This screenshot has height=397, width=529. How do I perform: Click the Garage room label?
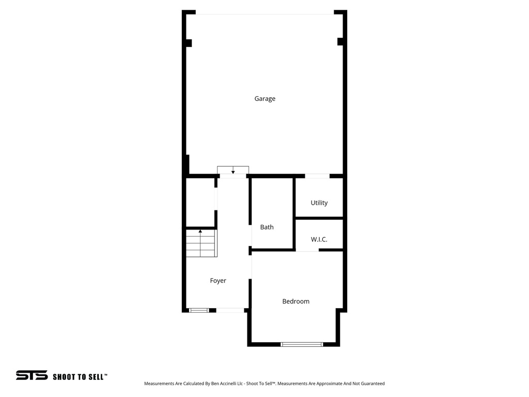[x=264, y=99]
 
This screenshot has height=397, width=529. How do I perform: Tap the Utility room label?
[x=319, y=203]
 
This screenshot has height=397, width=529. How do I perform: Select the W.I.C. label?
[x=319, y=240]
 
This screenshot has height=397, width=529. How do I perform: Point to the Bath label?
[x=267, y=227]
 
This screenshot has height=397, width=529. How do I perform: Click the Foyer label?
[x=217, y=281]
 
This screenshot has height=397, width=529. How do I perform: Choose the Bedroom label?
[x=295, y=302]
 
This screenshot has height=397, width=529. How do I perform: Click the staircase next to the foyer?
[x=201, y=243]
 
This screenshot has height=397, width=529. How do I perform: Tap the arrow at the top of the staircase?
[x=200, y=231]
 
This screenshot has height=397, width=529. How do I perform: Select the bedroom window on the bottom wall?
[x=302, y=344]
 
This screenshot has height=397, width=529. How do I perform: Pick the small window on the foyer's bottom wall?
[x=198, y=310]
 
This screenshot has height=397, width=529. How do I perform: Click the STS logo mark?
[x=32, y=376]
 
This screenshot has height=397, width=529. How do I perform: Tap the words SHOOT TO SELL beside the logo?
[x=80, y=377]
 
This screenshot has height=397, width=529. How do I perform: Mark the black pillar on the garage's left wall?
[x=189, y=43]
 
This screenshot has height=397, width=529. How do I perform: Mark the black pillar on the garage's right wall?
[x=340, y=41]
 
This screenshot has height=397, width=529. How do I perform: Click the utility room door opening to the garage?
[x=317, y=176]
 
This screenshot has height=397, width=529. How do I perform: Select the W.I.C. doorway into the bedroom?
[x=307, y=250]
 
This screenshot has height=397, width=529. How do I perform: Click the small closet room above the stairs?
[x=200, y=203]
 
